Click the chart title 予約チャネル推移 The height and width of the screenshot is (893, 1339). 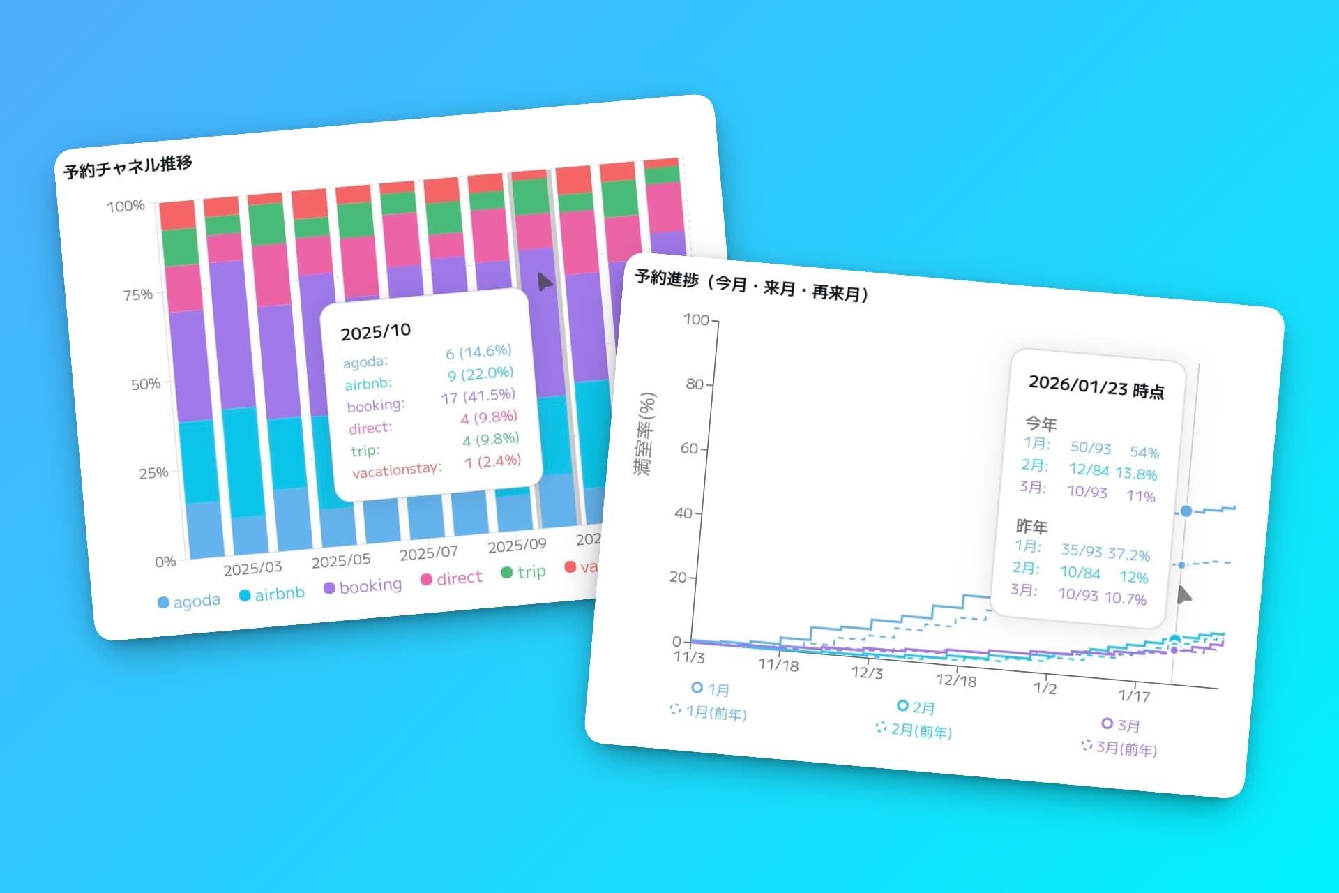pos(128,167)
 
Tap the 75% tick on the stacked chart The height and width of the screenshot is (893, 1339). pos(137,294)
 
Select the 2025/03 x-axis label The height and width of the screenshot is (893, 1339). pos(252,568)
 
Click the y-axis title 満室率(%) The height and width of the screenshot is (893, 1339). pos(644,434)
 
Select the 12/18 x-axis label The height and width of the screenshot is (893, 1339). pos(955,680)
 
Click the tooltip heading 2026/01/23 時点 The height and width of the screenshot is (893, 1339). pos(1096,387)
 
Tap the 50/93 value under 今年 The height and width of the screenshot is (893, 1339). pos(1091,447)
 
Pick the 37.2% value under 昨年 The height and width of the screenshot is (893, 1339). pos(1128,555)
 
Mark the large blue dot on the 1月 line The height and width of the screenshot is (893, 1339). pos(1186,511)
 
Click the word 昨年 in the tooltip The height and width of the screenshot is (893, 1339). pos(1031,526)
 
